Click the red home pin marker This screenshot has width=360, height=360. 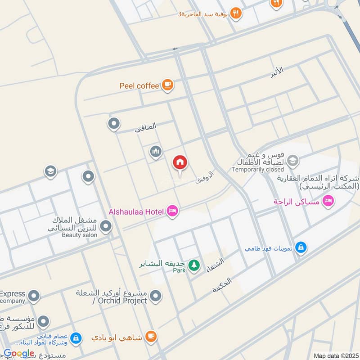tap(180, 163)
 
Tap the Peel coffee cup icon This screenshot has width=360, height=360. tap(167, 85)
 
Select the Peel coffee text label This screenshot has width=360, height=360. tap(139, 85)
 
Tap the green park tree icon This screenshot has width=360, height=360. tap(194, 265)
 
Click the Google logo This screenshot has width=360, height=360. tap(18, 354)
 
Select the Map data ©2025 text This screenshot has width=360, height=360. tap(336, 355)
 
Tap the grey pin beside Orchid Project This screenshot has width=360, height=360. tap(156, 296)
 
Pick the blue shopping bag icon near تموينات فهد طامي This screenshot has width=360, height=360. tap(301, 247)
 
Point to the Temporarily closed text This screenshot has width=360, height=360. tap(258, 170)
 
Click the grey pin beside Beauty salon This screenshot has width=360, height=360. tap(106, 226)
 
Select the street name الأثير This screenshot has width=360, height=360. tap(278, 71)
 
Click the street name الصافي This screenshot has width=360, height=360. tap(146, 127)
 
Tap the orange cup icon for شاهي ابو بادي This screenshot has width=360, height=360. tap(151, 336)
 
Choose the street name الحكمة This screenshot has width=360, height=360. tap(222, 286)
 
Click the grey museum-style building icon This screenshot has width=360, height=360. tap(156, 152)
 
